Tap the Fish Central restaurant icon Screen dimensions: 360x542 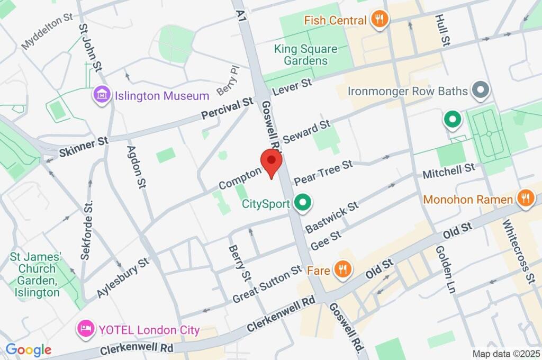379,20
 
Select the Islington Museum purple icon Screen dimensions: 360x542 101,95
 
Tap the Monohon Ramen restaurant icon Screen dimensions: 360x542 525,199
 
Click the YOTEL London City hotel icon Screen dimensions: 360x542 85,330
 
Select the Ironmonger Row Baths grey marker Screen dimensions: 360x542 481,91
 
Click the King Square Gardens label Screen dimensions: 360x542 305,55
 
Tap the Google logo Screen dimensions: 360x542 28,350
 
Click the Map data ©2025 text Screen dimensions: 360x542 506,354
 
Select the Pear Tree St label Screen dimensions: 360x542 323,172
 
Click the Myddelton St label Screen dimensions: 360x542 47,32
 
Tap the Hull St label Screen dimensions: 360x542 442,30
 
